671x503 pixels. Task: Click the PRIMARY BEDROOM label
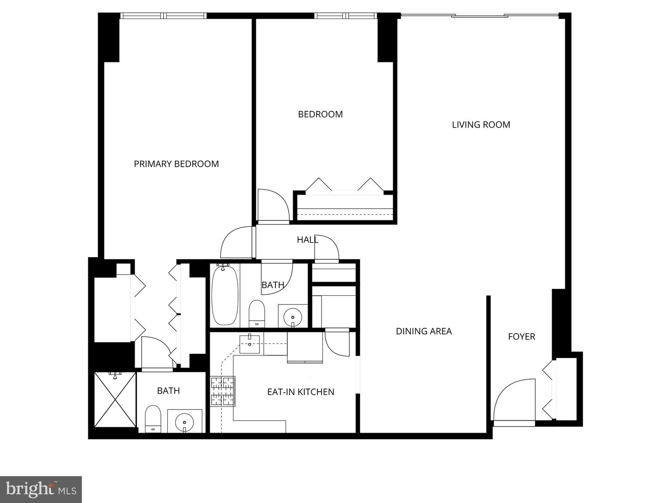pyautogui.click(x=176, y=164)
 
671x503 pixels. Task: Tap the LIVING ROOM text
pyautogui.click(x=481, y=125)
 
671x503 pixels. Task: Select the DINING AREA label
pyautogui.click(x=424, y=331)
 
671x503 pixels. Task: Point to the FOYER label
pyautogui.click(x=521, y=337)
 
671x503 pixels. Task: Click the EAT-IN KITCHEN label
pyautogui.click(x=301, y=392)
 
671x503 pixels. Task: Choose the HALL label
pyautogui.click(x=308, y=240)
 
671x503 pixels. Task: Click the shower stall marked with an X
pyautogui.click(x=115, y=399)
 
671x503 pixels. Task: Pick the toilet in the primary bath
pyautogui.click(x=153, y=419)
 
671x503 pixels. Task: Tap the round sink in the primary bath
pyautogui.click(x=185, y=422)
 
